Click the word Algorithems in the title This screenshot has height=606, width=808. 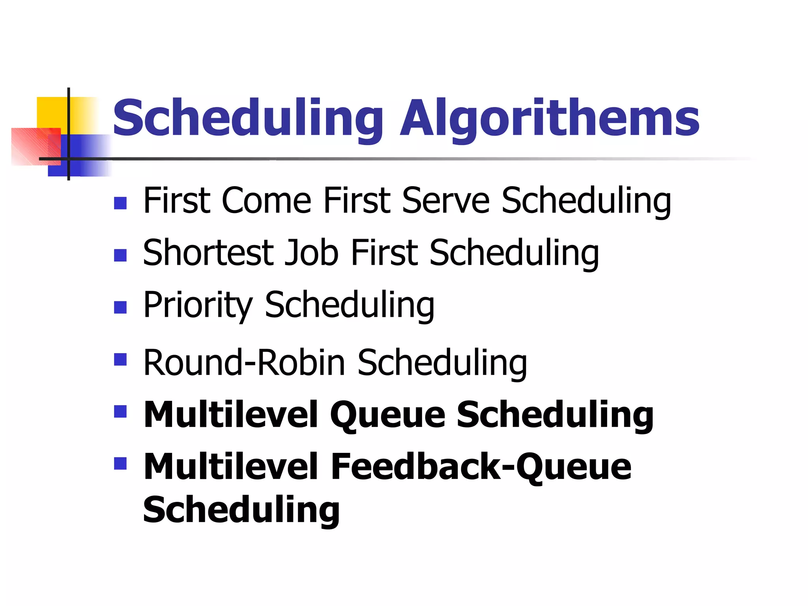point(549,118)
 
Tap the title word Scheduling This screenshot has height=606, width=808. point(248,118)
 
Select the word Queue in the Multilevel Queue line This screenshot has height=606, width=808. point(388,415)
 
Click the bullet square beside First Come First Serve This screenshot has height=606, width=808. point(120,203)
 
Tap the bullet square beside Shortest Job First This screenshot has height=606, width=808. point(120,255)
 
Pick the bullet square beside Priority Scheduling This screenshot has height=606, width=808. point(120,307)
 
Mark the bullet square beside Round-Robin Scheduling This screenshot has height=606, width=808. point(120,359)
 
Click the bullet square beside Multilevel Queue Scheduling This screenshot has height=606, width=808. point(120,411)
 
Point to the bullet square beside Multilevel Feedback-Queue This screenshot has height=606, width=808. point(120,463)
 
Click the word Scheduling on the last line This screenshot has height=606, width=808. point(241,510)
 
